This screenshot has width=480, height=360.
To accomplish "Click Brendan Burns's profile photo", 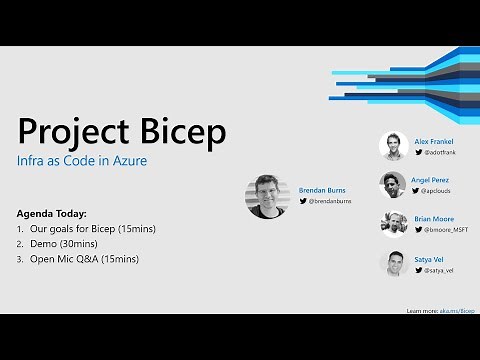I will point(266,197).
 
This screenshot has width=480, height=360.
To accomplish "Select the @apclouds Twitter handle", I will point(441,189).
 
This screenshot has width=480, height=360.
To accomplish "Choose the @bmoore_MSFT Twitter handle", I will point(447,229).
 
